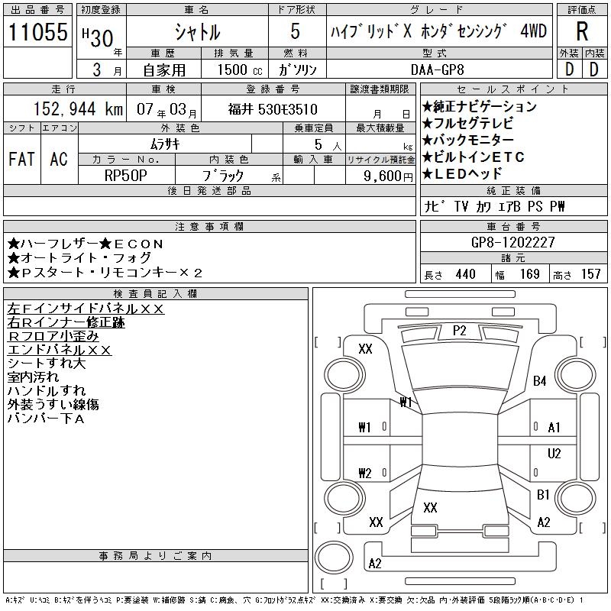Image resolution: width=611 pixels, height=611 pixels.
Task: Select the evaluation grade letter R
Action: pos(581,31)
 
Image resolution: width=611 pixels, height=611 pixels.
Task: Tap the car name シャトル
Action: pos(197,32)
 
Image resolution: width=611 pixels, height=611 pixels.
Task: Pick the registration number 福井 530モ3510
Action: pos(272,109)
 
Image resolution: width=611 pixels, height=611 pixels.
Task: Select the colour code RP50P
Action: pos(126,175)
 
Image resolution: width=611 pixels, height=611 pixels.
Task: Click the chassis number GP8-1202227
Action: pos(513,242)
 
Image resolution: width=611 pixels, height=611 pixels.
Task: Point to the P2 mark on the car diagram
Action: pos(459,331)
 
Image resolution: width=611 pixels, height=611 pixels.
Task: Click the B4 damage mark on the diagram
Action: pos(540,380)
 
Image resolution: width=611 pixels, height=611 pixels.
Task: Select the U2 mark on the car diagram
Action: pos(554,453)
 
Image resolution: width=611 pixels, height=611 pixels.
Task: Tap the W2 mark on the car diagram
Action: pos(365,473)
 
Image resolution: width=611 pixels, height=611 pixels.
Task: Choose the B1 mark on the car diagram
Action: pos(543,495)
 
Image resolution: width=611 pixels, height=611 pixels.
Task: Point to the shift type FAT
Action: pos(21,159)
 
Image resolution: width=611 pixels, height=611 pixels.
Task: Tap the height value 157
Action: pos(590,275)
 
